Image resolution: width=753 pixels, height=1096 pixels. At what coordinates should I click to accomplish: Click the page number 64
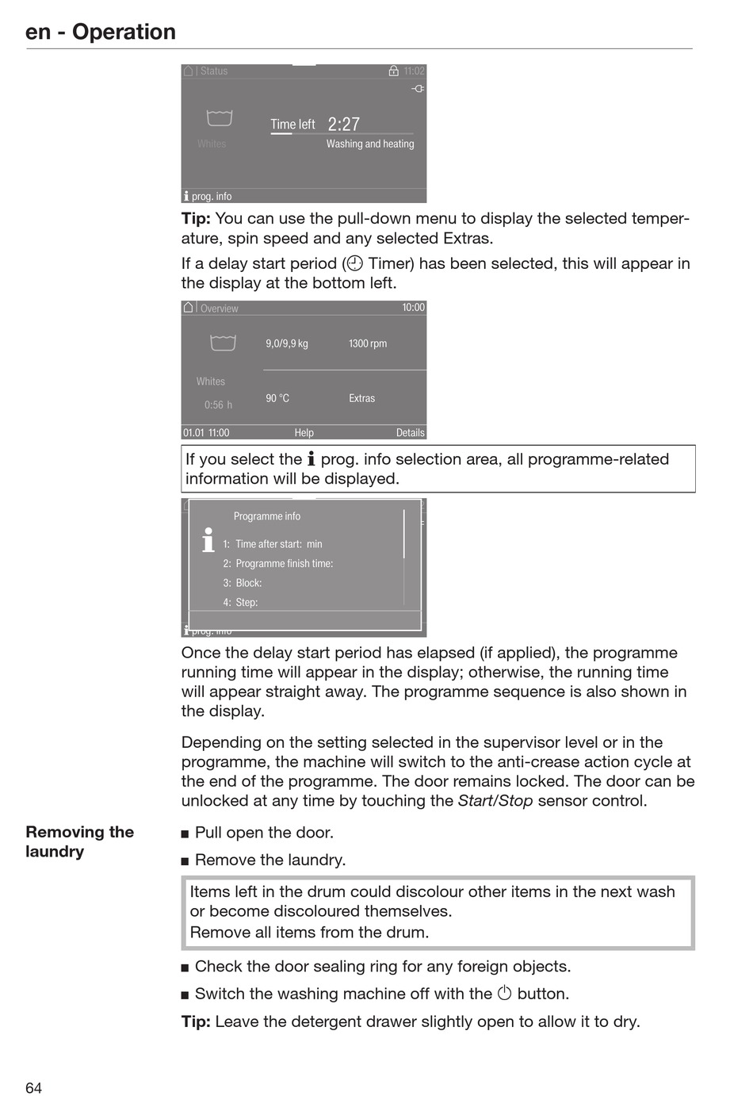pyautogui.click(x=33, y=1087)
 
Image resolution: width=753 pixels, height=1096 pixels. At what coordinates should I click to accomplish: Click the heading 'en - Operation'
pyautogui.click(x=101, y=32)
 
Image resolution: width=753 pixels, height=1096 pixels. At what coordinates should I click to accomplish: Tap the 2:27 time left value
pyautogui.click(x=344, y=125)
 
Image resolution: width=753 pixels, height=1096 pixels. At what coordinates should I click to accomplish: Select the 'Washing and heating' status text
pyautogui.click(x=370, y=144)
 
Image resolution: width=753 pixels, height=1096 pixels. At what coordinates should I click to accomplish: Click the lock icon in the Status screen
pyautogui.click(x=394, y=71)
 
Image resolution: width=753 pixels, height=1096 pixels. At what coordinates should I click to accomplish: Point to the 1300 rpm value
pyautogui.click(x=368, y=343)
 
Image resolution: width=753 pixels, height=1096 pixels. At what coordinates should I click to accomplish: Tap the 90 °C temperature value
pyautogui.click(x=277, y=398)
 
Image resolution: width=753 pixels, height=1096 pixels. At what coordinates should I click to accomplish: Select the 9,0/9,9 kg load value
pyautogui.click(x=287, y=343)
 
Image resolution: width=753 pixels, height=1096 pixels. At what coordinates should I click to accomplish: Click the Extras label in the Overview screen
pyautogui.click(x=362, y=398)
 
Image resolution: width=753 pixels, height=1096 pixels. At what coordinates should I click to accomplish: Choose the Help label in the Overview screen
pyautogui.click(x=304, y=433)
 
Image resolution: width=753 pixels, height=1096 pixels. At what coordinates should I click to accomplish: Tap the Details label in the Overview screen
pyautogui.click(x=411, y=433)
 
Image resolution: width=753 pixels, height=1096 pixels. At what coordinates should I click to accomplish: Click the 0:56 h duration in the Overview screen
pyautogui.click(x=218, y=405)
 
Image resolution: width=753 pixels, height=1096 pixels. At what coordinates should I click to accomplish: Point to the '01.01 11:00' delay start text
pyautogui.click(x=206, y=433)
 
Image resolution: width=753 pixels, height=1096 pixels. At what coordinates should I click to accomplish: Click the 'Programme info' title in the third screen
pyautogui.click(x=267, y=516)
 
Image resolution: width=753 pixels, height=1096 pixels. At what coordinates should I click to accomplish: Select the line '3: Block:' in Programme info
pyautogui.click(x=243, y=583)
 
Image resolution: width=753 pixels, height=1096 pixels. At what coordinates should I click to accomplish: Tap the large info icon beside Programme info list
pyautogui.click(x=208, y=540)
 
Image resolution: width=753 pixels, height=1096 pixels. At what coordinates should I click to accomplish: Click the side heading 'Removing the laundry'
pyautogui.click(x=79, y=841)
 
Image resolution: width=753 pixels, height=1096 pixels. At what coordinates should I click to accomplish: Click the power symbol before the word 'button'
pyautogui.click(x=505, y=993)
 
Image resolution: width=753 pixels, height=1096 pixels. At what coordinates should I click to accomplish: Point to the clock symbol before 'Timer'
pyautogui.click(x=355, y=263)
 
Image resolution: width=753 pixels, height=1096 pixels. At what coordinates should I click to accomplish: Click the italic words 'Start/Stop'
pyautogui.click(x=495, y=801)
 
